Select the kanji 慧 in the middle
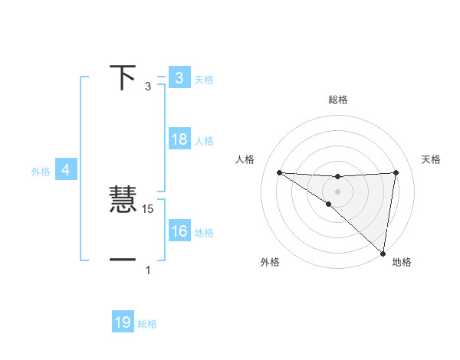pos(124,201)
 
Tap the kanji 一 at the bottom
pos(123,261)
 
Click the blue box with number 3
pos(179,78)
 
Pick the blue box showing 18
pos(179,140)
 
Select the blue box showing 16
pos(179,231)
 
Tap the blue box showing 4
pos(66,170)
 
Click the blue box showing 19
pos(123,322)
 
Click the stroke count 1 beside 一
pos(148,270)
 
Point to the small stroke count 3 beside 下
pos(148,87)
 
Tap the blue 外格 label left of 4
pos(41,172)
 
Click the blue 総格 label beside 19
pos(147,324)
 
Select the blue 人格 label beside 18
pos(204,141)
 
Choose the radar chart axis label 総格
pos(337,100)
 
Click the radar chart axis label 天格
pos(431,159)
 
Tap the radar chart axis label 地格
pos(402,262)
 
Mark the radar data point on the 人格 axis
pos(279,172)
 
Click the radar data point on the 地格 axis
pos(383,254)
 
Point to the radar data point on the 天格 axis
pos(396,172)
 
